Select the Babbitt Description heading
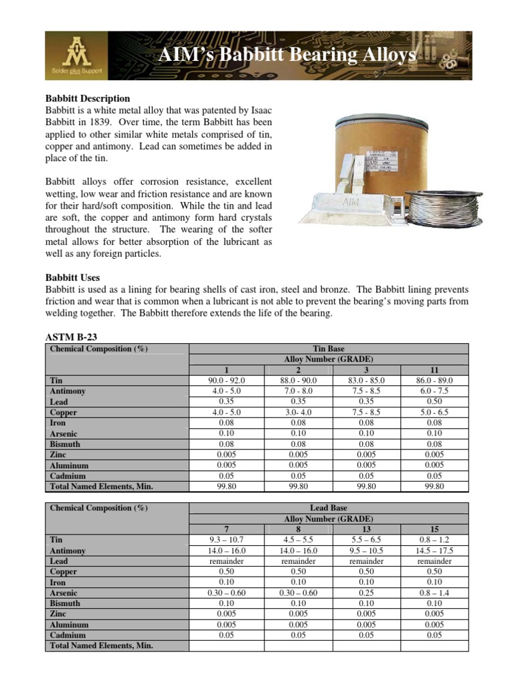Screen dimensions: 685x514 pyautogui.click(x=87, y=99)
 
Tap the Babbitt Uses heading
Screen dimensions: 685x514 pyautogui.click(x=72, y=278)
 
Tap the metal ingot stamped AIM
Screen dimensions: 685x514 pyautogui.click(x=351, y=205)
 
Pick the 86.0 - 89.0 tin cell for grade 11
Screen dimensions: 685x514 pyautogui.click(x=434, y=380)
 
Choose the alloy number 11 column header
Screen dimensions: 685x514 pyautogui.click(x=434, y=369)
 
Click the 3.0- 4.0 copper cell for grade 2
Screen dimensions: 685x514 pyautogui.click(x=298, y=412)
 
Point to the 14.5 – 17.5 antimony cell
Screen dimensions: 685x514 pyautogui.click(x=434, y=551)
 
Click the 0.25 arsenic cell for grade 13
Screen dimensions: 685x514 pyautogui.click(x=366, y=593)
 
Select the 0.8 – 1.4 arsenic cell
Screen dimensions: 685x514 pyautogui.click(x=434, y=593)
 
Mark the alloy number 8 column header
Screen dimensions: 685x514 pyautogui.click(x=298, y=528)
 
